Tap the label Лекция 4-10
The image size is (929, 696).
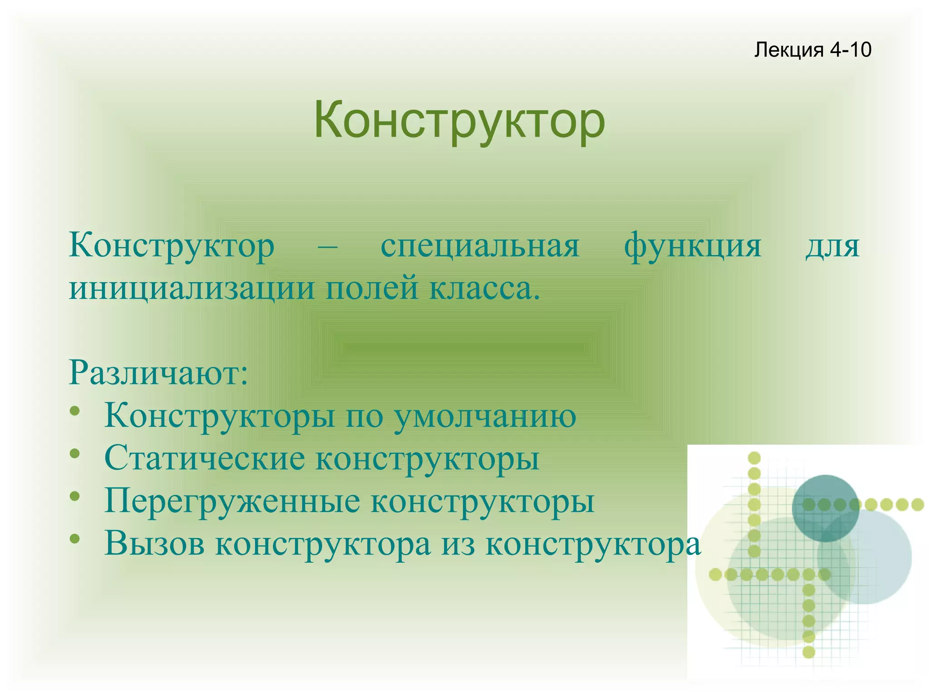click(812, 49)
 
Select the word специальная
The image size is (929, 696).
click(480, 246)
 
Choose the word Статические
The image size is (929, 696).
click(205, 458)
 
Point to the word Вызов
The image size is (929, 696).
click(155, 543)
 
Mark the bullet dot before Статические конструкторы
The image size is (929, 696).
click(75, 454)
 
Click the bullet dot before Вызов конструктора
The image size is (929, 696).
click(75, 539)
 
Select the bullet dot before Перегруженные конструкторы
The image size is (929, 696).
click(75, 496)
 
